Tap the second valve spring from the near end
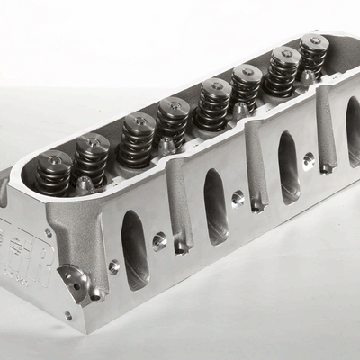pos(91,157)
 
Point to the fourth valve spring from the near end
pos(173,121)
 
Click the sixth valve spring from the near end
pos(246,87)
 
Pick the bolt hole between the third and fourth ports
pos(309,159)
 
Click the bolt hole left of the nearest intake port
pos(114,266)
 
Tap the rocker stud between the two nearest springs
pos(85,184)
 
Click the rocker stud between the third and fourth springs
pos(166,145)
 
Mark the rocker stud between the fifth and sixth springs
pos(240,110)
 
